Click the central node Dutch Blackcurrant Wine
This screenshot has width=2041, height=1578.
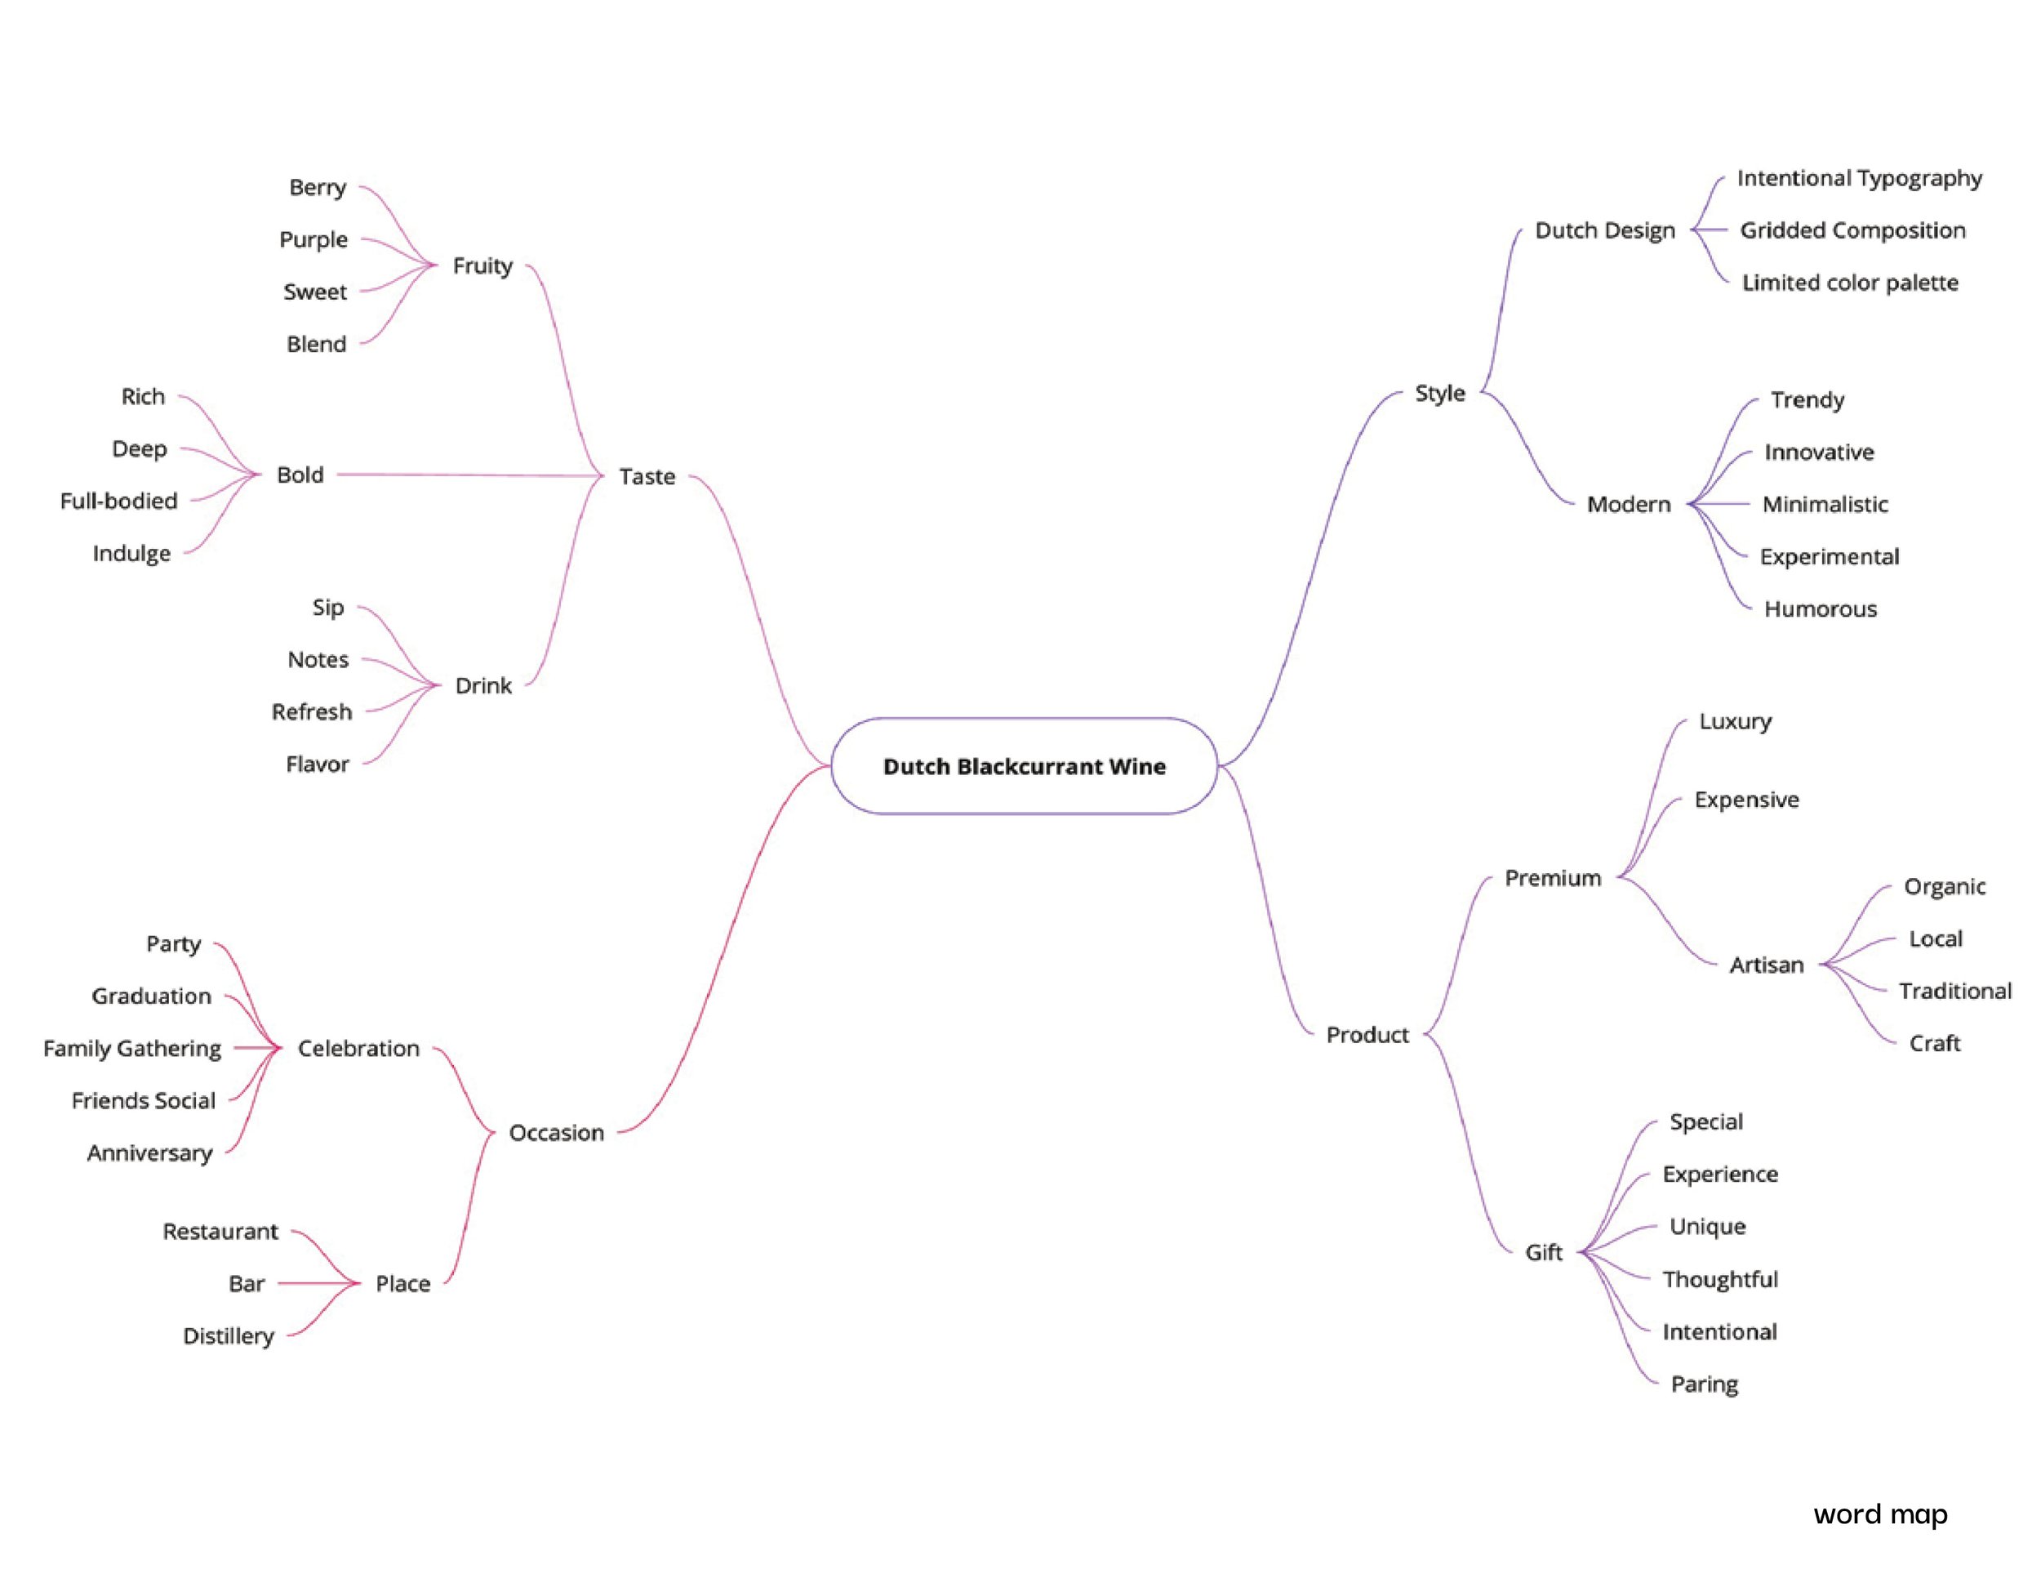coord(1025,767)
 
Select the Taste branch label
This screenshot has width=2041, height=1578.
coord(647,477)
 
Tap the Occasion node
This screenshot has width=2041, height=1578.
coord(556,1133)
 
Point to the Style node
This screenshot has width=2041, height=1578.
coord(1439,394)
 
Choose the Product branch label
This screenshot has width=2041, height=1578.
coord(1367,1035)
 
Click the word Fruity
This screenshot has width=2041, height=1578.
coord(482,266)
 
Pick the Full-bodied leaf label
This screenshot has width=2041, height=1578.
coord(118,501)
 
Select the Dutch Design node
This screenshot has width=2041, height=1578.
coord(1604,231)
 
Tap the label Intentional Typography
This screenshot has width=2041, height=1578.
coord(1859,179)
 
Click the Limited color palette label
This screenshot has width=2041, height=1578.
coord(1849,283)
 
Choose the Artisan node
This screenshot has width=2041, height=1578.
coord(1766,965)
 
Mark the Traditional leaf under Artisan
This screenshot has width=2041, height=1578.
coord(1955,991)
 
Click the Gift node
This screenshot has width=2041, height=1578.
coord(1543,1253)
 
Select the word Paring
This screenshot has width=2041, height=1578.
coord(1704,1384)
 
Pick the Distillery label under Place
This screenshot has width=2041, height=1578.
coord(229,1337)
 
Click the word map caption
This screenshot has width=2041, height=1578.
coord(1880,1514)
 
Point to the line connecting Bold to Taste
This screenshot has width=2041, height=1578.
coord(467,475)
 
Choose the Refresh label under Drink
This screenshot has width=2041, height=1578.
coord(312,712)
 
